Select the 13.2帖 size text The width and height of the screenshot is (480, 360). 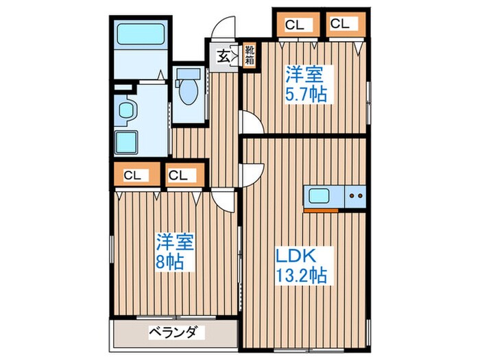[302, 276]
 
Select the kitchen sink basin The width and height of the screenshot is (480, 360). [321, 196]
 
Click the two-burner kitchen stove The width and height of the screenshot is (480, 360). [355, 197]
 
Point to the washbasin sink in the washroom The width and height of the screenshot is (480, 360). [126, 110]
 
